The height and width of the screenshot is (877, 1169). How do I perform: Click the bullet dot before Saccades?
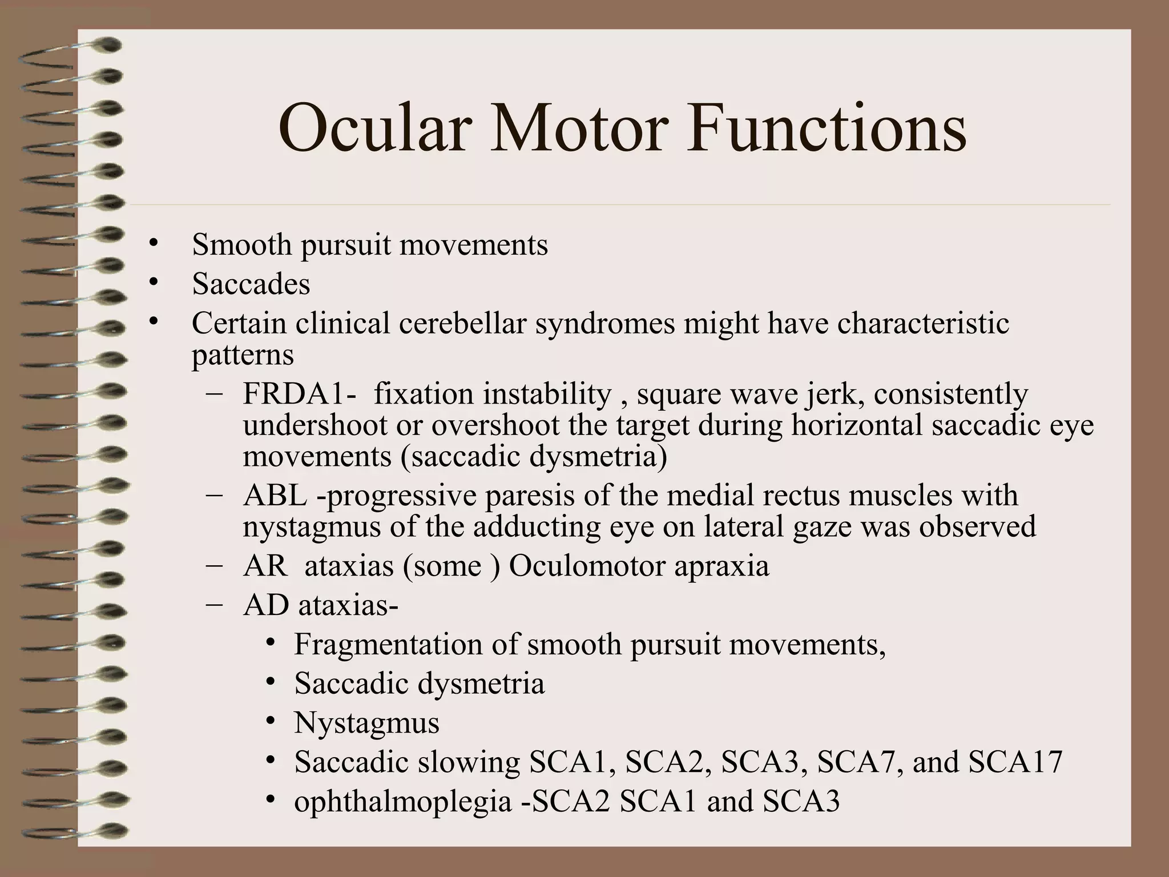pyautogui.click(x=152, y=282)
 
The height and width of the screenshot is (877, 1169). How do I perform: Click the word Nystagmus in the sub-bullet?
pyautogui.click(x=366, y=723)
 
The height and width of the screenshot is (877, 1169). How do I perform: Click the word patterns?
pyautogui.click(x=243, y=355)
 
